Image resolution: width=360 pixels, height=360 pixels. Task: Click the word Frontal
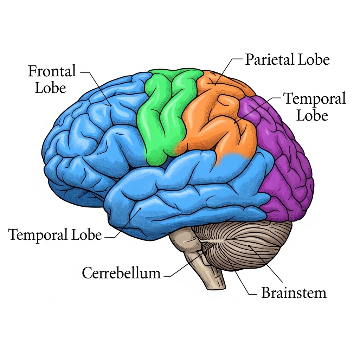pyautogui.click(x=52, y=72)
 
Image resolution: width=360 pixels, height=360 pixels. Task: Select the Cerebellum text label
pyautogui.click(x=121, y=273)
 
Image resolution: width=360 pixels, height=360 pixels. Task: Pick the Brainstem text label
pyautogui.click(x=294, y=292)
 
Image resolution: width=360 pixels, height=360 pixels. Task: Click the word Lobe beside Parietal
pyautogui.click(x=314, y=60)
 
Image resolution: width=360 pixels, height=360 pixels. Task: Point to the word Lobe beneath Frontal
pyautogui.click(x=51, y=88)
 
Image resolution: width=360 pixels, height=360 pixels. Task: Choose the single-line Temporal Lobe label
pyautogui.click(x=55, y=234)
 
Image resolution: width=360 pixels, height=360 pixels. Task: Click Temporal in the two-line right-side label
pyautogui.click(x=315, y=99)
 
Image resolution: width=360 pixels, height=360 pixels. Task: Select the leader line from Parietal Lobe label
pyautogui.click(x=225, y=70)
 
